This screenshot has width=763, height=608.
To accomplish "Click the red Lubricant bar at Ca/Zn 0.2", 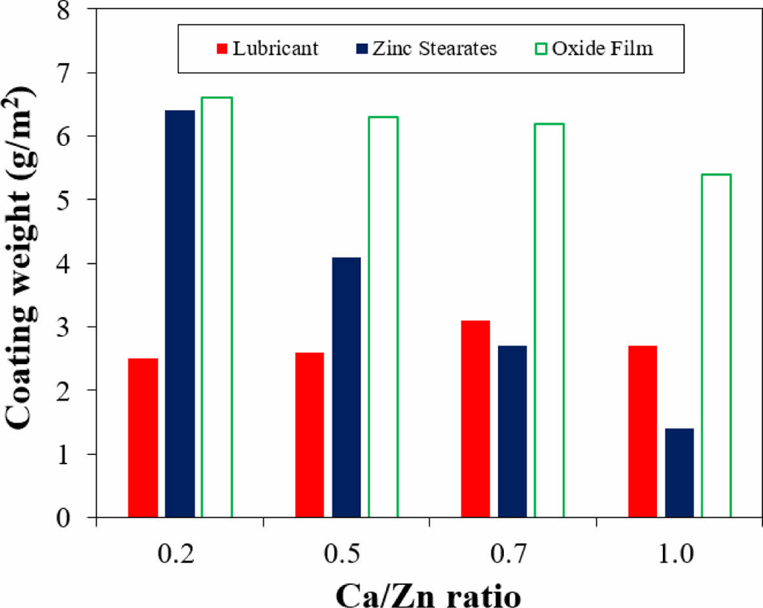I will (143, 438).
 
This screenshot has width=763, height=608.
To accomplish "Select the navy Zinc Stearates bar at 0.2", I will (180, 314).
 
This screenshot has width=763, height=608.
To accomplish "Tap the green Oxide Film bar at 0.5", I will (383, 317).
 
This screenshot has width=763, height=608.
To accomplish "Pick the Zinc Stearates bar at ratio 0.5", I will (346, 387).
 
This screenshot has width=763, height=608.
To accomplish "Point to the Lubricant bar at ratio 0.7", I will (476, 419).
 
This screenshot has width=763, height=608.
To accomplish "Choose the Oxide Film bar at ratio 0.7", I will (549, 320).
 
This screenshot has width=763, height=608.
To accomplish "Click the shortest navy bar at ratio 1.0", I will (679, 473).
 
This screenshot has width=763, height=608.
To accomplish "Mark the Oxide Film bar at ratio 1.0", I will (716, 345).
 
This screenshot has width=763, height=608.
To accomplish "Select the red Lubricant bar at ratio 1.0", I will (642, 431).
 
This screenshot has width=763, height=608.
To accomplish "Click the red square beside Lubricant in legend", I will (223, 49).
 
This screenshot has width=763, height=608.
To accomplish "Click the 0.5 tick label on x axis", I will (346, 556).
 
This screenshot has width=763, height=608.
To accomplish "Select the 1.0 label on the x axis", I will (679, 556).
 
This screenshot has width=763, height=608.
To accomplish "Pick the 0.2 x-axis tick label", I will (180, 556).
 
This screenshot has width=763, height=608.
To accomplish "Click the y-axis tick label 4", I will (81, 264).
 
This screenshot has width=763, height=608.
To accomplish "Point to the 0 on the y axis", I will (81, 517).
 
